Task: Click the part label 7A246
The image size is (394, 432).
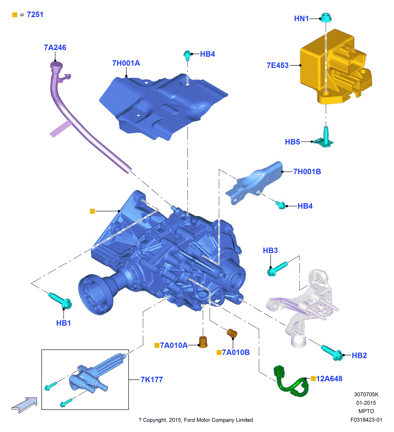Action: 55,48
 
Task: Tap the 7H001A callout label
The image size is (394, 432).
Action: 126,63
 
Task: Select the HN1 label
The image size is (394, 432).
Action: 301,19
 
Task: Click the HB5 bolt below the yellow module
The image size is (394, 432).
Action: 326,138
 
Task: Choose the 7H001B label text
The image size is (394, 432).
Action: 307,172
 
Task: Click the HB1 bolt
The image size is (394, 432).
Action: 61,300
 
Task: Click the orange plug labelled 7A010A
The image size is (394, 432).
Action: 203,342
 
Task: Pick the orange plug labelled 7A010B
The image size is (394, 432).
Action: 232,333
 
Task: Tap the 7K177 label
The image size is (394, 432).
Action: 152,380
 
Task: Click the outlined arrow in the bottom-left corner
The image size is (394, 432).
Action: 25,405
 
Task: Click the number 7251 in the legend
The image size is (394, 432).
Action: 35,15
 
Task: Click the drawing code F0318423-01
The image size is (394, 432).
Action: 366,420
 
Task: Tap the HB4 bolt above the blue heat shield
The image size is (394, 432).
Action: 187,55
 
